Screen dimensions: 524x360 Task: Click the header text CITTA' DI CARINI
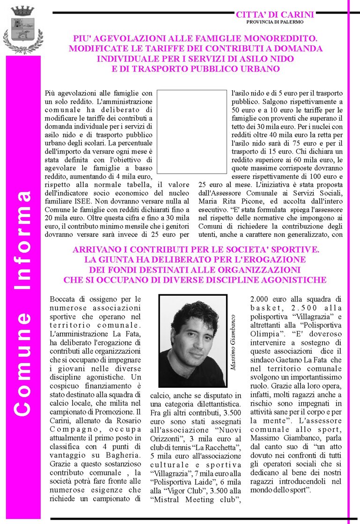[x=275, y=15]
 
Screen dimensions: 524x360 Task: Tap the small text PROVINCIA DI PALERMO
[x=275, y=22]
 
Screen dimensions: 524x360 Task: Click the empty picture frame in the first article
[x=191, y=131]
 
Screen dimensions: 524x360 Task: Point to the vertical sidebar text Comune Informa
[x=22, y=304]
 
